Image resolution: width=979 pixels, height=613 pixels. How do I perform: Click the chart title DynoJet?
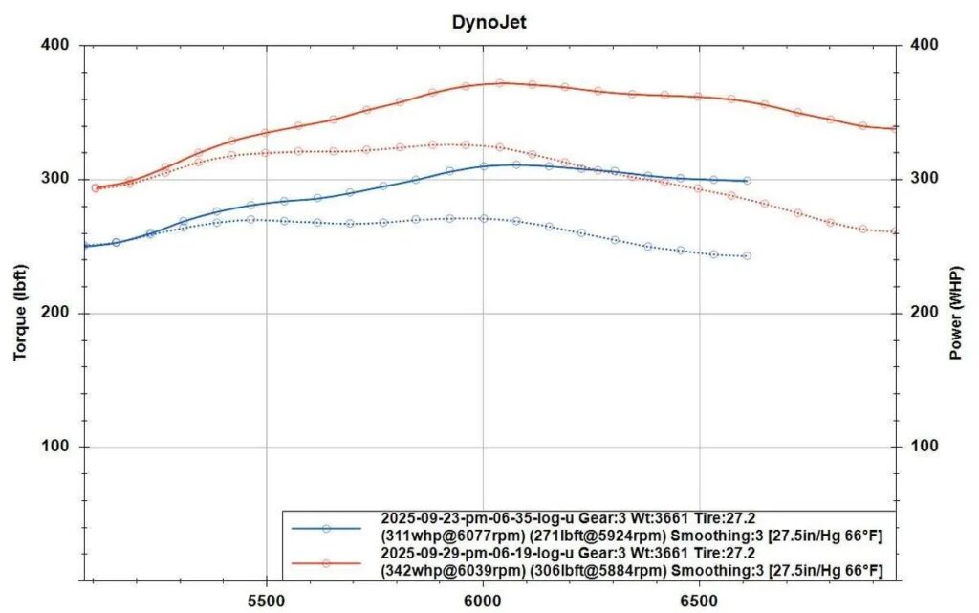click(489, 22)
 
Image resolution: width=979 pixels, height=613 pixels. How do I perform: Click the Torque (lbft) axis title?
click(20, 312)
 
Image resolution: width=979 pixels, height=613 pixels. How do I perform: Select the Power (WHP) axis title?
click(955, 313)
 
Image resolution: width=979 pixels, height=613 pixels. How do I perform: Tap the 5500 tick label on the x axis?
click(266, 601)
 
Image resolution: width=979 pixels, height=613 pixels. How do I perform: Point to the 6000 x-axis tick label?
click(483, 601)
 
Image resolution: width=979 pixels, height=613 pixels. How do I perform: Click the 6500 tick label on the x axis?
click(699, 601)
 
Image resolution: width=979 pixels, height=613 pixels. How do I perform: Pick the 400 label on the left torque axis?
click(54, 45)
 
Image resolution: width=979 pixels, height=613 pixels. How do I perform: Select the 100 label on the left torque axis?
click(54, 447)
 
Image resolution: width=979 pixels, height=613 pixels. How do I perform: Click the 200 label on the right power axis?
click(925, 312)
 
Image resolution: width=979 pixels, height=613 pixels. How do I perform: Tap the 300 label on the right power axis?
click(925, 179)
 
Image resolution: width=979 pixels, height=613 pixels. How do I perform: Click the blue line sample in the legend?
click(326, 529)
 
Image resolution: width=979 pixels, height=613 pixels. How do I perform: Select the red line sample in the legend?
click(326, 563)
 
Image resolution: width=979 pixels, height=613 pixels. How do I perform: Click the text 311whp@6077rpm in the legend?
click(453, 536)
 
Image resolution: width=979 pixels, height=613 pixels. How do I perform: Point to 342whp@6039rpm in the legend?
click(453, 571)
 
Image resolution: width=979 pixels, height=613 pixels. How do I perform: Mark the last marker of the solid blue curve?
click(747, 181)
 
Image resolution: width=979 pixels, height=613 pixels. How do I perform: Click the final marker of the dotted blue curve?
click(747, 256)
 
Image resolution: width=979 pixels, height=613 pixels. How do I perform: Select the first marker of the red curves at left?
click(96, 187)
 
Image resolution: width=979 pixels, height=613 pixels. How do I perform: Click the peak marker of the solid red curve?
click(499, 83)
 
